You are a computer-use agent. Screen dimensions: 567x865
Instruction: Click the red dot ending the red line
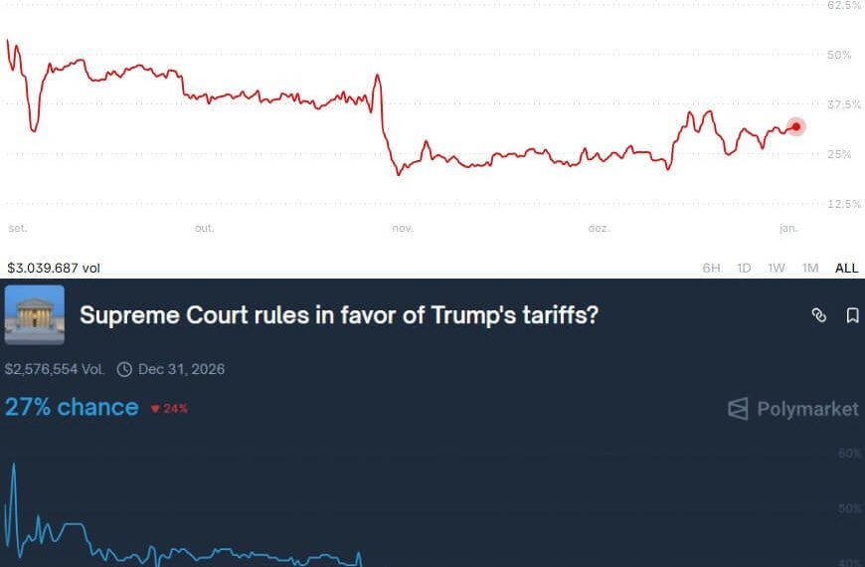click(795, 126)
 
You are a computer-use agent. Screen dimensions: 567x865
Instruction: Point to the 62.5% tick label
click(844, 6)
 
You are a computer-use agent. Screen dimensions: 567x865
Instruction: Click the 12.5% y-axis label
click(844, 204)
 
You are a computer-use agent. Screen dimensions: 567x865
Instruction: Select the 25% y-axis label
click(840, 154)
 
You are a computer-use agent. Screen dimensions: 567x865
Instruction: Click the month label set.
click(17, 229)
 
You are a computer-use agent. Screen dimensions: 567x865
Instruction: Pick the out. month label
click(204, 229)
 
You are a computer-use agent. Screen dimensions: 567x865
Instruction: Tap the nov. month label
click(402, 229)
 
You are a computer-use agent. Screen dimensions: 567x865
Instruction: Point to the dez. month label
click(599, 229)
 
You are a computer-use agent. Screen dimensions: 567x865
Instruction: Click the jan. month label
click(787, 229)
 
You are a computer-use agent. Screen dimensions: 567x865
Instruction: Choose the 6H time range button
click(711, 268)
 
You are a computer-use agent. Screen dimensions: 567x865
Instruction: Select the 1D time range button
click(744, 268)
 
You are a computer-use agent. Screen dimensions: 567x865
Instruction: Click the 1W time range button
click(777, 268)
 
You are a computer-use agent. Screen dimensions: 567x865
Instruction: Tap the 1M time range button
click(810, 268)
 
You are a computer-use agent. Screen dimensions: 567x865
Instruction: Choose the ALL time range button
click(846, 268)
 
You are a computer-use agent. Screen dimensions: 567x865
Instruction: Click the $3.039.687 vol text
click(54, 268)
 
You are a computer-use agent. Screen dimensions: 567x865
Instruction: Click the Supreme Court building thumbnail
click(35, 315)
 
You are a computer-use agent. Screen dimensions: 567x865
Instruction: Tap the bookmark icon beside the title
click(852, 315)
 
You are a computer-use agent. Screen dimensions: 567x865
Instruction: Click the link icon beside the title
click(818, 315)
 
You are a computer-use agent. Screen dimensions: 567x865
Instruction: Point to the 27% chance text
click(72, 407)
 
